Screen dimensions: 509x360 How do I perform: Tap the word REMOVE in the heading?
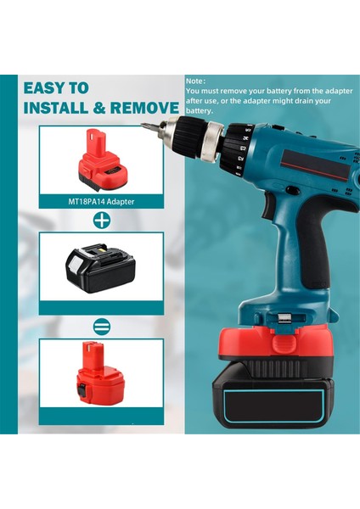[146, 108]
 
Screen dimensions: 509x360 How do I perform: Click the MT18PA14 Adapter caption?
[101, 202]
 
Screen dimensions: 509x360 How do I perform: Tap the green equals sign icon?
[101, 326]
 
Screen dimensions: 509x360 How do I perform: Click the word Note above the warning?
[194, 81]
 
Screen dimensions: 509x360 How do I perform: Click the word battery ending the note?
[199, 110]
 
